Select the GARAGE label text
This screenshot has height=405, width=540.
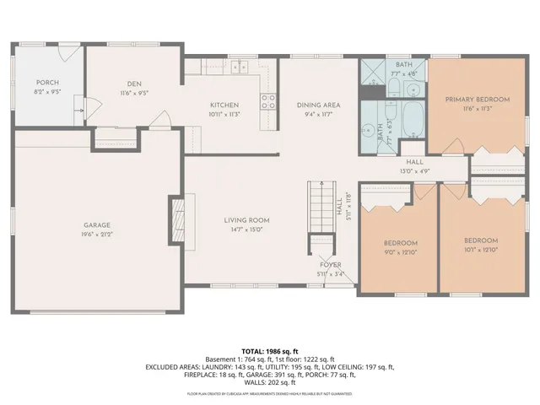click(98, 225)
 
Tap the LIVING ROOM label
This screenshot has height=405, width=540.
click(246, 220)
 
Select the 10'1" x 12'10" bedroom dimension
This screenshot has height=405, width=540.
click(480, 251)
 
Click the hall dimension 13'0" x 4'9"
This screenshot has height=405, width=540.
click(414, 171)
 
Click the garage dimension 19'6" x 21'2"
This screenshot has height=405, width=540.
click(98, 235)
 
